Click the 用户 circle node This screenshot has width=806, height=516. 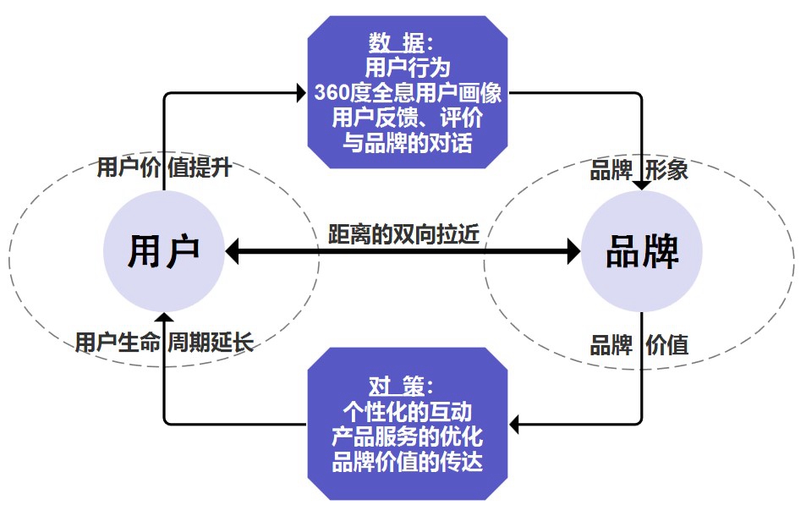(164, 251)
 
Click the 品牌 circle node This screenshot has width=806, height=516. (642, 251)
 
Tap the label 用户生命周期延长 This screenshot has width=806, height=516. (164, 343)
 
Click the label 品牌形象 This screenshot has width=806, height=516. (639, 170)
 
